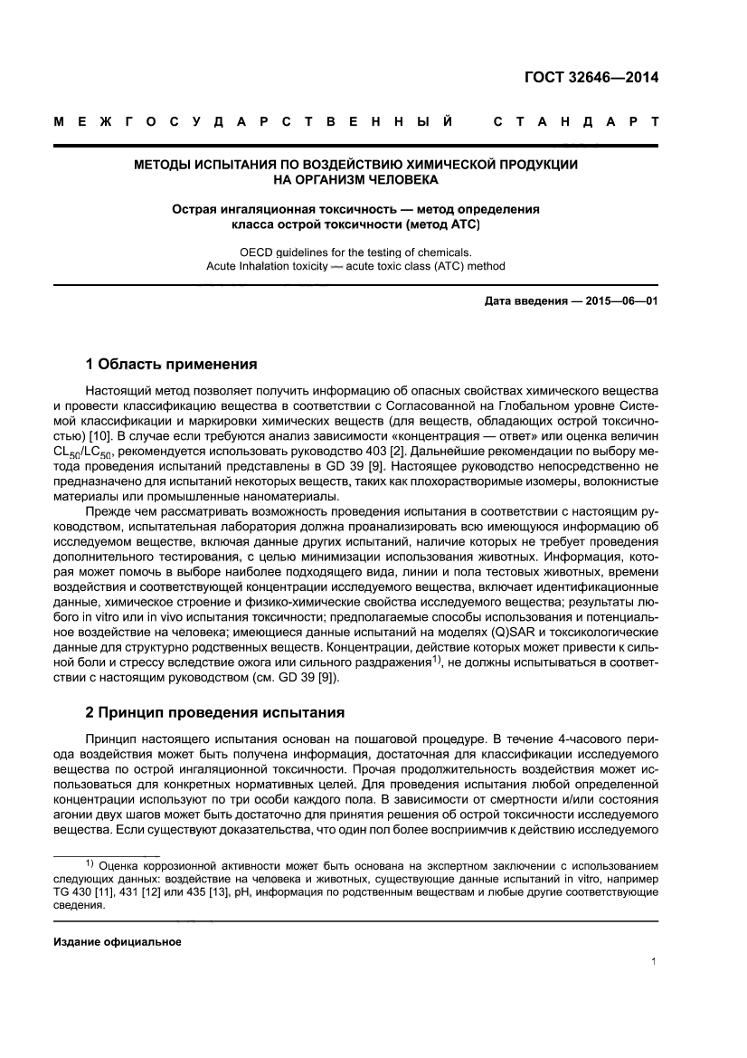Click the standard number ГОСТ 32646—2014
[591, 77]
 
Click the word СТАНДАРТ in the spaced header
[575, 120]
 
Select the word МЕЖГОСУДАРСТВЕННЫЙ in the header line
[253, 120]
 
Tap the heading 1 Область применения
[171, 365]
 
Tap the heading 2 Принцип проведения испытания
[214, 712]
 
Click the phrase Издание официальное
[118, 941]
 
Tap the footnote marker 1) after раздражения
[436, 659]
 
